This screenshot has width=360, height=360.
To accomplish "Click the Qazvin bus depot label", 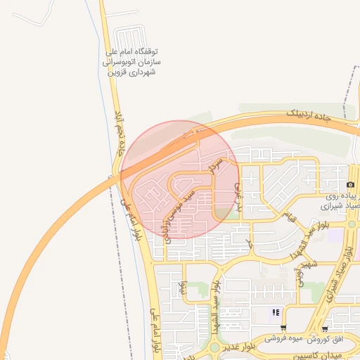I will [132, 62].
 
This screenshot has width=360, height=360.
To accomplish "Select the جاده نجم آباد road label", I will [120, 134].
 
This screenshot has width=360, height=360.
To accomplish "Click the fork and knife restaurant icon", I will [276, 312].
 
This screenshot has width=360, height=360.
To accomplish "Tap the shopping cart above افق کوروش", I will [324, 328].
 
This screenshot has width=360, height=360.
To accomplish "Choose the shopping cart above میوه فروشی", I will [283, 328].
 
